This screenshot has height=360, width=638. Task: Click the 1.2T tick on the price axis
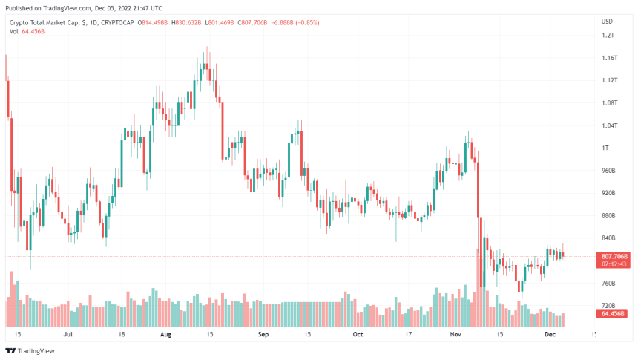[608, 35]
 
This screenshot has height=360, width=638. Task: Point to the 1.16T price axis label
[610, 58]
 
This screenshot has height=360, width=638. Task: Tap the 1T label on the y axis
[606, 148]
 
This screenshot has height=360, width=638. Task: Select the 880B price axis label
[609, 215]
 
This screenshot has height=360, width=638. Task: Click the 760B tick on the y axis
[609, 283]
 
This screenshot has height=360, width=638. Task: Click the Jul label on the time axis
[68, 335]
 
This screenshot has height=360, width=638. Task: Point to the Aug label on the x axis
[165, 335]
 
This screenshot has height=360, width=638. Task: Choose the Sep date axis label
[263, 335]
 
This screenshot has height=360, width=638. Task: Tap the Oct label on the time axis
[358, 335]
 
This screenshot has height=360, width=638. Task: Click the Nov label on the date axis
[456, 335]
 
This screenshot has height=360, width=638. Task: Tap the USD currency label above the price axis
[607, 21]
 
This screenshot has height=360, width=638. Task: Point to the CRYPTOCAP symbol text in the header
[119, 23]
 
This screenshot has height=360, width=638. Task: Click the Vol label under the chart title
[14, 31]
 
